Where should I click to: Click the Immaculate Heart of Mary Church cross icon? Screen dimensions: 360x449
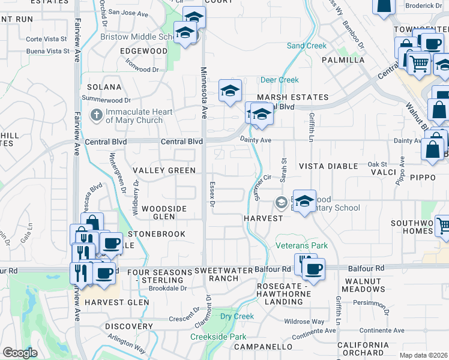coord(96,114)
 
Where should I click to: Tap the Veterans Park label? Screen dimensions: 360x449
coord(301,245)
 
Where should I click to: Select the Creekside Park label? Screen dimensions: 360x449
coord(218,337)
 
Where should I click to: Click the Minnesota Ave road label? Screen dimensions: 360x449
coord(203,93)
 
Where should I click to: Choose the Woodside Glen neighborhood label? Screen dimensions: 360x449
coord(164,212)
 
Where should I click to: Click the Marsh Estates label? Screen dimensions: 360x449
coord(293,97)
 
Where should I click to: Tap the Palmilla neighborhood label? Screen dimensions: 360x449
coord(343,60)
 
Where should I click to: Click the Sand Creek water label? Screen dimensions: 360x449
coord(307,46)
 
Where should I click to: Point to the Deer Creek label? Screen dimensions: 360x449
coord(279,80)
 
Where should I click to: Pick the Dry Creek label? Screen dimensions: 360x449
coord(237,316)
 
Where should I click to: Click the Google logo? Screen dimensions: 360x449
coord(20,353)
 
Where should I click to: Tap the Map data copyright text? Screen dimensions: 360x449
coord(424,355)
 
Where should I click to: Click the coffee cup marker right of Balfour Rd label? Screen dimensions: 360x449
coord(313,269)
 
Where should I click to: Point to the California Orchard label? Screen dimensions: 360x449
coord(363,349)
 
